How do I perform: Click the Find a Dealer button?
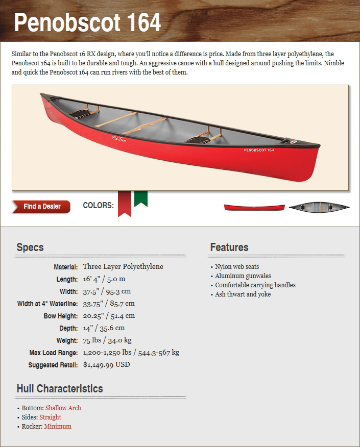point(41,207)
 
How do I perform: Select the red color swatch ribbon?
point(124,203)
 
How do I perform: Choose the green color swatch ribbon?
point(141,198)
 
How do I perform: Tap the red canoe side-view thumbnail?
point(254,207)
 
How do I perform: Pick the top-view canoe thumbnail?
point(319,207)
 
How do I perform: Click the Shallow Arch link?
point(63,408)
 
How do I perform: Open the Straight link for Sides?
point(50,417)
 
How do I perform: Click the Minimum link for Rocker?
point(58,427)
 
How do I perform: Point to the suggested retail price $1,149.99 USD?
point(106,365)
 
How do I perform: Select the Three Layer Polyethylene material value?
point(123,266)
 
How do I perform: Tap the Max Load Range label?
point(54,353)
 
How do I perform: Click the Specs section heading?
point(30,247)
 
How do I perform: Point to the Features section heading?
point(229,247)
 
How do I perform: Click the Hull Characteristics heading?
point(60,389)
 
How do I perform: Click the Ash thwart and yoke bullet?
point(243,294)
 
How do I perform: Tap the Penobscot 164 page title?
point(87,22)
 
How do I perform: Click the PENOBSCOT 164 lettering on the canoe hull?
point(259,150)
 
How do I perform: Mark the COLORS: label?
point(98,206)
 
